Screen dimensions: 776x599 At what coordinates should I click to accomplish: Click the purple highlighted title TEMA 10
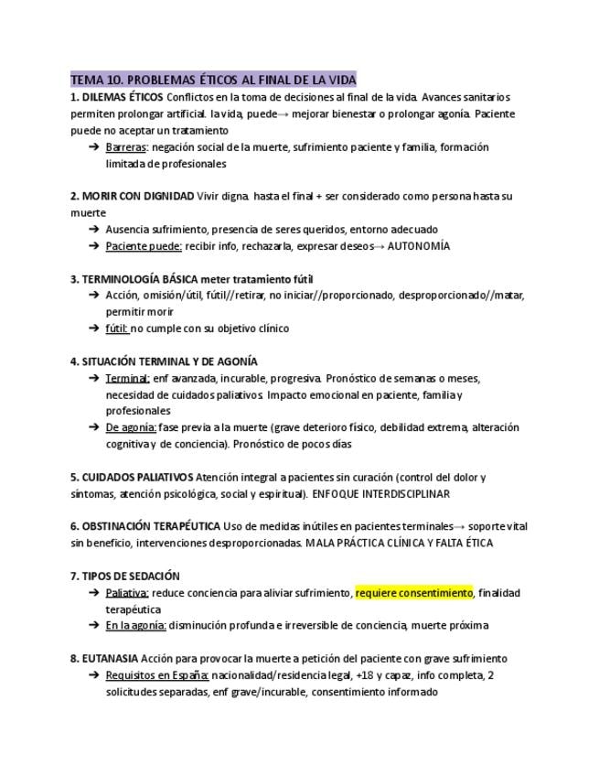213,79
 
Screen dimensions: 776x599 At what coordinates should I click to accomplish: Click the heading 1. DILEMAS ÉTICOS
117,96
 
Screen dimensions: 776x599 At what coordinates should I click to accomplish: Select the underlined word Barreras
126,146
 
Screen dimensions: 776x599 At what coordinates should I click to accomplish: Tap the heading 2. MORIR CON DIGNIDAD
132,196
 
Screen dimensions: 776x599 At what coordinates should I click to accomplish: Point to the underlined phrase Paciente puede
144,245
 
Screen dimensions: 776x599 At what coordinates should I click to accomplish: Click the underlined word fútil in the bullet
116,328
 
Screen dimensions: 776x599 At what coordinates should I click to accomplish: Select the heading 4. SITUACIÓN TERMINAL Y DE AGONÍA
164,361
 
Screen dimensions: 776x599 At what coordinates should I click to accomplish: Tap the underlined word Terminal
127,378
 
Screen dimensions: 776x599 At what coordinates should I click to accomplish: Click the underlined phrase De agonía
131,427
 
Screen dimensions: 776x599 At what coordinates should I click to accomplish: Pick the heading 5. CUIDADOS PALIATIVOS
132,477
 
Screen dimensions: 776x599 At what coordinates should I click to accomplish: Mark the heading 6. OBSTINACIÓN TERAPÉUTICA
145,526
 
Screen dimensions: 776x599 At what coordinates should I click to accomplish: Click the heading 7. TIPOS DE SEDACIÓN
125,576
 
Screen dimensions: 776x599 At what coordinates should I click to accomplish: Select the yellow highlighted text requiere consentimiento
414,593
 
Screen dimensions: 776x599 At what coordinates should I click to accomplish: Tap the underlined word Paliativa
127,593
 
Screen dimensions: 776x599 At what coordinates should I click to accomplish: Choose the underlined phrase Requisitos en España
157,675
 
